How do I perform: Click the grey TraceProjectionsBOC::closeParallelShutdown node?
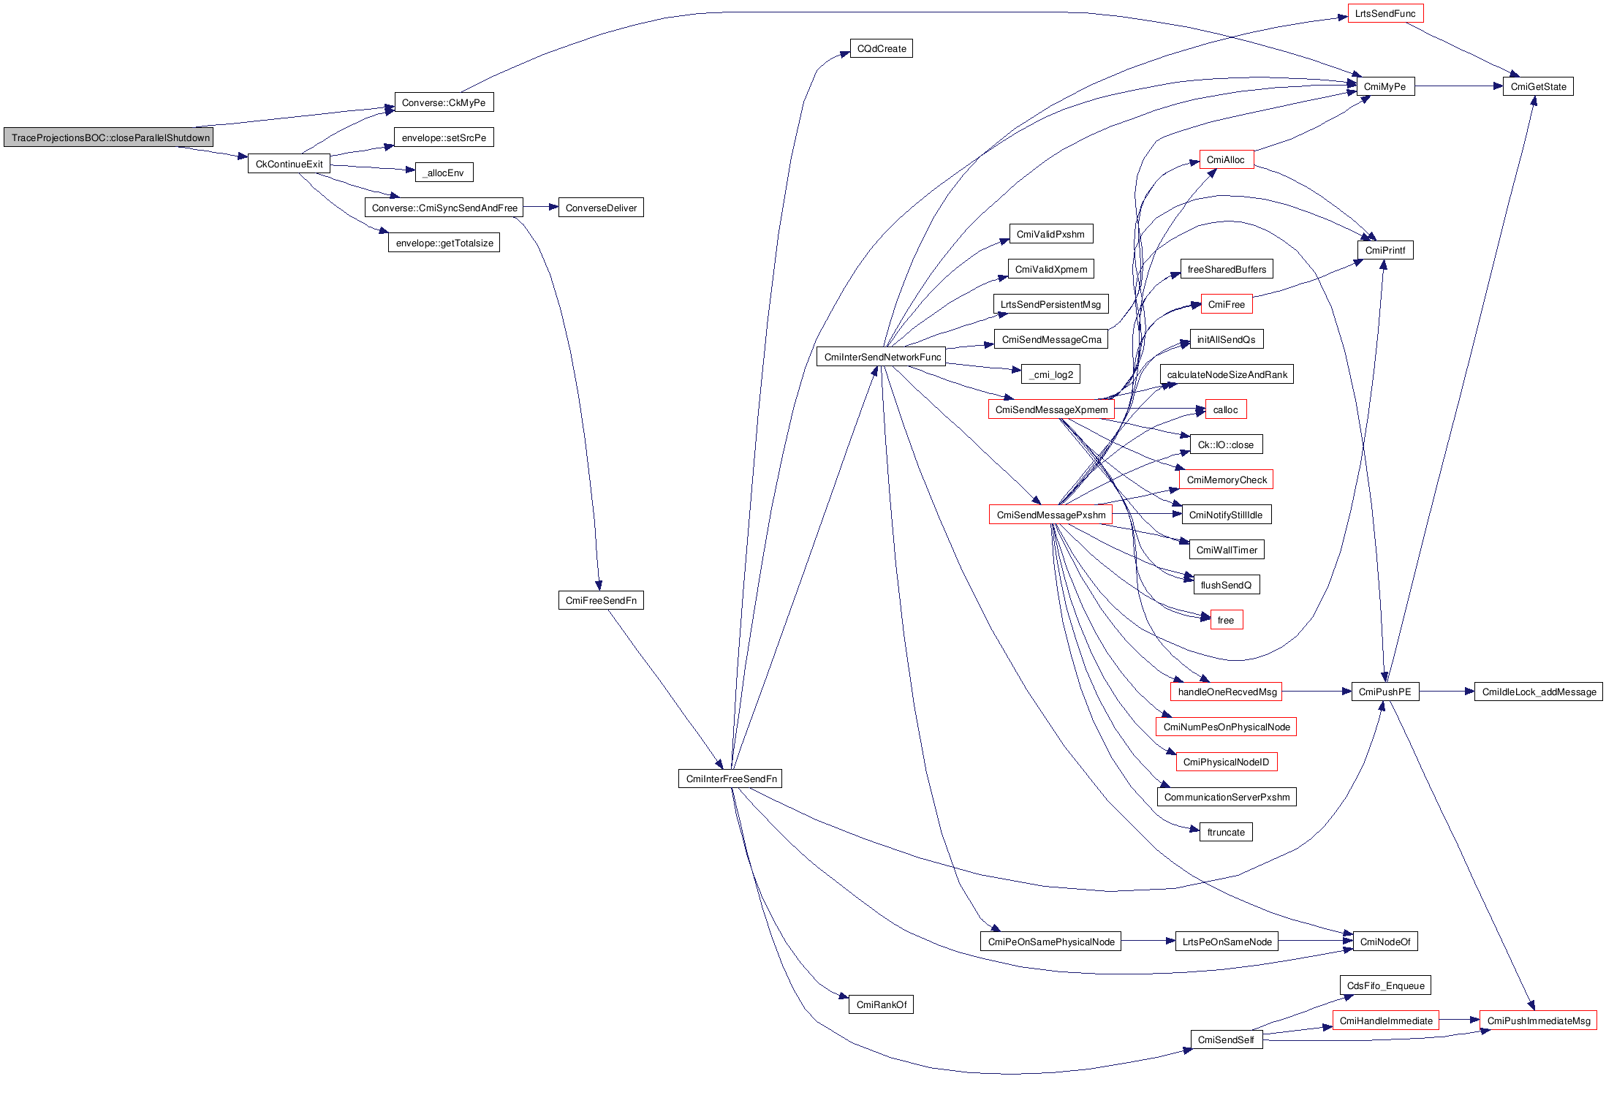(x=108, y=137)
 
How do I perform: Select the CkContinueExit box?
(x=289, y=164)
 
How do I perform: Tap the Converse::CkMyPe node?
(x=444, y=102)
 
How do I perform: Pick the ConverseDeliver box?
(x=601, y=208)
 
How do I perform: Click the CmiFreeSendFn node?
(x=601, y=600)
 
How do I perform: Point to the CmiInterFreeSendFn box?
(x=730, y=779)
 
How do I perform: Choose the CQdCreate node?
(x=881, y=49)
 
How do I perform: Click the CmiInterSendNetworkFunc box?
(x=882, y=357)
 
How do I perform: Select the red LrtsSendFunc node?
(x=1385, y=14)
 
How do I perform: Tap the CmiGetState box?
(x=1538, y=86)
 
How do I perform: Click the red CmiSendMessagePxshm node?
(x=1050, y=515)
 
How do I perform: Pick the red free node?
(x=1226, y=620)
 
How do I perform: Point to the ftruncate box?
(x=1226, y=832)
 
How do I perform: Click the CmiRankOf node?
(x=881, y=1004)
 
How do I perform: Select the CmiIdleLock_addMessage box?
(x=1539, y=692)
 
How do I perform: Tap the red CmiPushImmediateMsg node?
(x=1538, y=1020)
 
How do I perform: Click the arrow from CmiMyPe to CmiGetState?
(x=1458, y=86)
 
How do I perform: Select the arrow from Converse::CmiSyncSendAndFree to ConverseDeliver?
(x=541, y=208)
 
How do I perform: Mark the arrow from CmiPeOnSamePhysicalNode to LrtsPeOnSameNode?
(x=1148, y=942)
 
